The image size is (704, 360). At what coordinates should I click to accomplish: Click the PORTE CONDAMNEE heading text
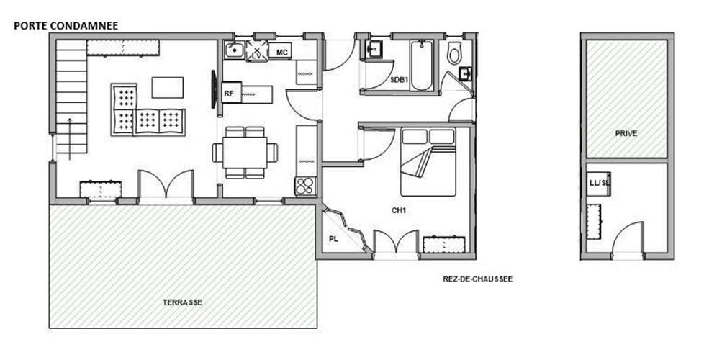(x=66, y=26)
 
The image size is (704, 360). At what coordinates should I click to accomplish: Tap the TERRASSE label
(x=182, y=302)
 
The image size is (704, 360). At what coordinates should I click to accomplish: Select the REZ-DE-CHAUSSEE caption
(x=478, y=279)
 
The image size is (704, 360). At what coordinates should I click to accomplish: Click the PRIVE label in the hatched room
(x=626, y=133)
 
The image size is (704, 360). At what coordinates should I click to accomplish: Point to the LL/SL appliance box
(x=599, y=184)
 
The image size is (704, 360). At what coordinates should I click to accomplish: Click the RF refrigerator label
(x=229, y=94)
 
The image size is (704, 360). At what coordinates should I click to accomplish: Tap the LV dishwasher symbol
(x=257, y=50)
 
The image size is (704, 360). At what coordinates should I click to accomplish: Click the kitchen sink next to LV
(x=234, y=50)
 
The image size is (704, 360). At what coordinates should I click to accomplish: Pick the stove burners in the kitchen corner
(x=305, y=186)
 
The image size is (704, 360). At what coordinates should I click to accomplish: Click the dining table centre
(x=245, y=153)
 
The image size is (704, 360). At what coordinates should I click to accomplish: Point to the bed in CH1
(x=428, y=162)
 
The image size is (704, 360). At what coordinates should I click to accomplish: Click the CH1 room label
(x=399, y=210)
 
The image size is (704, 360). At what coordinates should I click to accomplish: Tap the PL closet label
(x=333, y=239)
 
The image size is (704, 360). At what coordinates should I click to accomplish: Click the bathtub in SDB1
(x=422, y=66)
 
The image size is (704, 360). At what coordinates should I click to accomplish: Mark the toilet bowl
(x=454, y=53)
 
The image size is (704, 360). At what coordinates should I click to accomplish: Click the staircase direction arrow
(x=70, y=139)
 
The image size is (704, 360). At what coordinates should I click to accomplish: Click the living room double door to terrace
(x=166, y=184)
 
